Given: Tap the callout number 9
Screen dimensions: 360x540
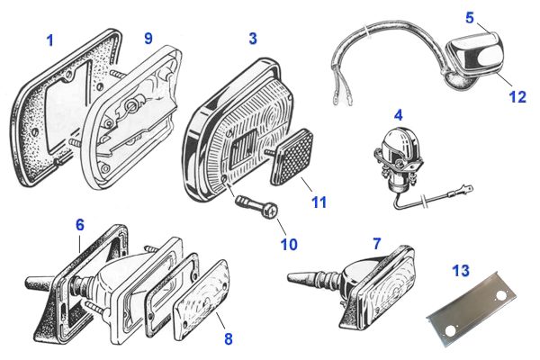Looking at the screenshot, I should (x=148, y=39).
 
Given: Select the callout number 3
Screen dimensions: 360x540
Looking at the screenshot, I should (x=253, y=40).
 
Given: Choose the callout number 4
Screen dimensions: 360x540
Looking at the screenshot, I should (x=396, y=115).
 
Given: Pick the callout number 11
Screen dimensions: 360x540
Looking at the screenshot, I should (x=319, y=204).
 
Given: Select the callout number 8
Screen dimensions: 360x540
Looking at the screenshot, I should (x=229, y=340).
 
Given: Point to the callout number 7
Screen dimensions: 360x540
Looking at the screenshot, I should (x=376, y=243).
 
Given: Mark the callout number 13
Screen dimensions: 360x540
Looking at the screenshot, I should (x=462, y=271).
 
